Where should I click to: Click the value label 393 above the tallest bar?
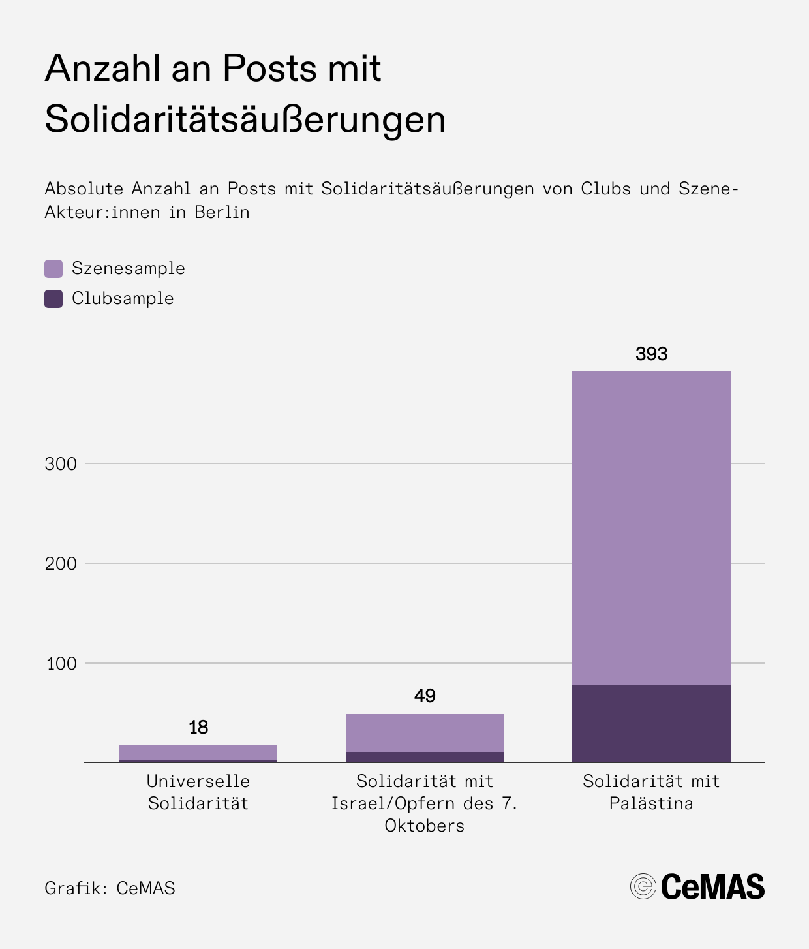pos(651,354)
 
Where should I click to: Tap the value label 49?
pos(425,696)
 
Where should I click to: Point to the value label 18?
pos(198,727)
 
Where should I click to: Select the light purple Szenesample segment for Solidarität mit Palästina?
pos(651,527)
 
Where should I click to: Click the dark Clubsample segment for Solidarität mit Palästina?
pos(651,723)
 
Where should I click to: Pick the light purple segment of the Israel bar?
pos(425,732)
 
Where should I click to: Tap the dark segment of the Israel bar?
pos(425,757)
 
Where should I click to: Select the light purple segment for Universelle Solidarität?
pos(198,752)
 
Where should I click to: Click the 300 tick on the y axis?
pos(61,464)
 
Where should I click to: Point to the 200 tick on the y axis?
pos(61,564)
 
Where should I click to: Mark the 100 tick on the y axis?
pos(61,664)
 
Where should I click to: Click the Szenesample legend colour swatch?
pos(53,269)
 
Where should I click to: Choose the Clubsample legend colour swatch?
pos(53,299)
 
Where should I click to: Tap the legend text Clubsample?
pos(123,299)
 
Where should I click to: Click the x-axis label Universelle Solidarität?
pos(198,792)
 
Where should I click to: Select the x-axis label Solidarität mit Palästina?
pos(651,792)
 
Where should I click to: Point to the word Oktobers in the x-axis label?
pos(425,826)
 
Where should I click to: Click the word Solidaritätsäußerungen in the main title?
pos(245,119)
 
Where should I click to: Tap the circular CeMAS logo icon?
pos(643,886)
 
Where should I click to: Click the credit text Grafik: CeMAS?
pos(110,888)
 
